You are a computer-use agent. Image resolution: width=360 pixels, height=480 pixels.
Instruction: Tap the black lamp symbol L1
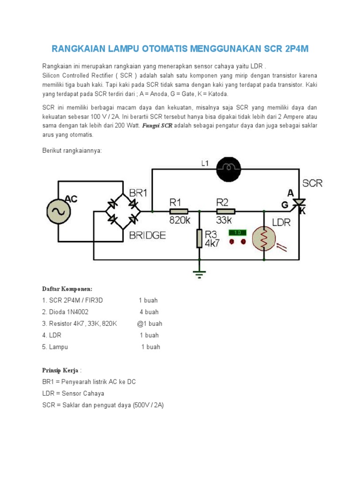[x=228, y=167]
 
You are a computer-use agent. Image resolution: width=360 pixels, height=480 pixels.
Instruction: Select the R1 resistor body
[x=179, y=211]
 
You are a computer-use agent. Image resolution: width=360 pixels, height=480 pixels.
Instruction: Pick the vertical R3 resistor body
[x=199, y=239]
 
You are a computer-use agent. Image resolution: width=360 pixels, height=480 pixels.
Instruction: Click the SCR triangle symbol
[x=299, y=202]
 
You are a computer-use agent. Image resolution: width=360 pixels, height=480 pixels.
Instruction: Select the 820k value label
[x=179, y=220]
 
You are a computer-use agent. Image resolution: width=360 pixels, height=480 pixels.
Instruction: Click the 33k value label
[x=224, y=220]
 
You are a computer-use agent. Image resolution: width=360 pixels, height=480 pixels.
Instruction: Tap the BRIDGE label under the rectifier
[x=147, y=235]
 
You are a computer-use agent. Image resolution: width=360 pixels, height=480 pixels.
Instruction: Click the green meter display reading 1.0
[x=237, y=232]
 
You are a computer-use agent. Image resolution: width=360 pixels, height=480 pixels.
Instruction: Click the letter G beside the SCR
[x=285, y=204]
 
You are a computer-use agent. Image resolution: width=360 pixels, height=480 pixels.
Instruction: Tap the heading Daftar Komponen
[x=67, y=288]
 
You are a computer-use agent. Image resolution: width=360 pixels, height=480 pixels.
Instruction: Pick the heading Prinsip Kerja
[x=61, y=370]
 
